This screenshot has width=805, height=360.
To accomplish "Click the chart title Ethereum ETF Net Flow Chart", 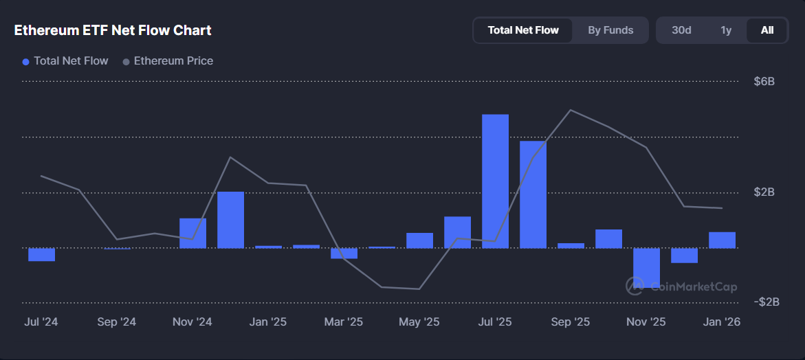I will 113,30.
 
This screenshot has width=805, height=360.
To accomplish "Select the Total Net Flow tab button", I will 523,30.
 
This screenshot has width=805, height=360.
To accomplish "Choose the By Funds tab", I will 610,30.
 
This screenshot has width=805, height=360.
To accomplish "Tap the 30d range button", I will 681,30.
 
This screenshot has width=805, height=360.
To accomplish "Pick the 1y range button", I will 726,30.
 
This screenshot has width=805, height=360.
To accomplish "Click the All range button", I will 767,30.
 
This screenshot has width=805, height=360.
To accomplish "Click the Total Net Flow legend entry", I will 65,61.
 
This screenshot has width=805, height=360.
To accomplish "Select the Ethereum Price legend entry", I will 168,61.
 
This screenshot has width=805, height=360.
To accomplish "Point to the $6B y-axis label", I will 764,82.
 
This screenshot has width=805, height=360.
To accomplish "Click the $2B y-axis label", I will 764,192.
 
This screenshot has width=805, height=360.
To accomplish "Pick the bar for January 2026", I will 722,240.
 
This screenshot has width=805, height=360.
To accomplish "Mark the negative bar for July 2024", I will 41,255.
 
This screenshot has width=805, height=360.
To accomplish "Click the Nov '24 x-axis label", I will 192,322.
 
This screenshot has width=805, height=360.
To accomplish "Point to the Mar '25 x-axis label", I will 344,322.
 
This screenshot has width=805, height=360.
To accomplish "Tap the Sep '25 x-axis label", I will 571,322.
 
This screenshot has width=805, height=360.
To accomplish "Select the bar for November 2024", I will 192,233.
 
